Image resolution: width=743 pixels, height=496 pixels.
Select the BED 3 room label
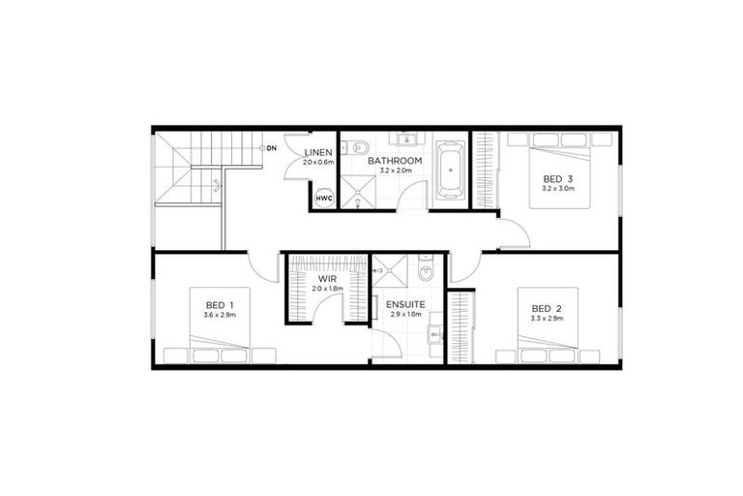click(557, 179)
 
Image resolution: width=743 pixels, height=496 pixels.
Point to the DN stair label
click(273, 147)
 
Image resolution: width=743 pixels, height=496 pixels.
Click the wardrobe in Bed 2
click(461, 327)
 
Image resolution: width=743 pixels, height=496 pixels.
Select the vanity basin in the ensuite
click(434, 334)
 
